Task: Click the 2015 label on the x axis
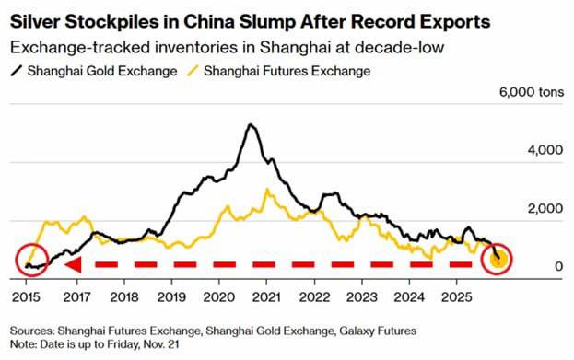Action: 26,297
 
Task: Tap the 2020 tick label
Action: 219,297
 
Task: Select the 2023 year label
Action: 362,297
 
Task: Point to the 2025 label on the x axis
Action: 456,297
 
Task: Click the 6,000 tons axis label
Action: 532,92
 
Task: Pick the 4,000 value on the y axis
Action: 545,150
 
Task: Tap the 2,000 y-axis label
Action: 545,208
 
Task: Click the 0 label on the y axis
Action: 558,266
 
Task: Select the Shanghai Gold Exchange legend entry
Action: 94,71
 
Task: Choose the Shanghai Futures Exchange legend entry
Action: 279,71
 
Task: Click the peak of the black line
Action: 251,124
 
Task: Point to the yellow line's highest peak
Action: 267,190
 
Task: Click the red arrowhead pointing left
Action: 73,264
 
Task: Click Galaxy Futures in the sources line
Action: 378,331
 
